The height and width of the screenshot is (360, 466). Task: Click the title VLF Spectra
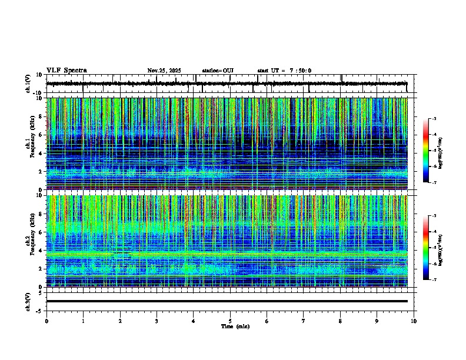[x=66, y=71]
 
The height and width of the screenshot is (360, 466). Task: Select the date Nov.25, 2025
[x=164, y=71]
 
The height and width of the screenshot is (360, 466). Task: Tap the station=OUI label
[x=218, y=71]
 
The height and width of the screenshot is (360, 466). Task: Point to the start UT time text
[x=284, y=71]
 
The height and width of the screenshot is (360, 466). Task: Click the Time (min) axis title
[x=235, y=326]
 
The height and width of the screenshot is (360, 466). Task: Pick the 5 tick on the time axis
[x=230, y=321]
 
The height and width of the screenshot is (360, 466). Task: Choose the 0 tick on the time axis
[x=46, y=321]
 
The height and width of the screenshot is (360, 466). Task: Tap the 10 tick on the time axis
[x=414, y=321]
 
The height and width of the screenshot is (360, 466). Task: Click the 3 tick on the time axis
[x=157, y=321]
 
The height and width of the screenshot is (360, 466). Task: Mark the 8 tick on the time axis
[x=340, y=321]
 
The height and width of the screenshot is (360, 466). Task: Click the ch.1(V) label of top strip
[x=29, y=84]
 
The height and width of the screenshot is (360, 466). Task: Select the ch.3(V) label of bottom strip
[x=29, y=301]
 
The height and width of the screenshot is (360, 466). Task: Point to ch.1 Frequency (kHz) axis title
[x=29, y=144]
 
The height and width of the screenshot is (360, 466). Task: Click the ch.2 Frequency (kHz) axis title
[x=29, y=241]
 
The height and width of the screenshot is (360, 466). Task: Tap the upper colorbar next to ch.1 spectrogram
[x=425, y=151]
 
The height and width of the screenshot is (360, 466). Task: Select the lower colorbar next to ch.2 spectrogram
[x=425, y=248]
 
